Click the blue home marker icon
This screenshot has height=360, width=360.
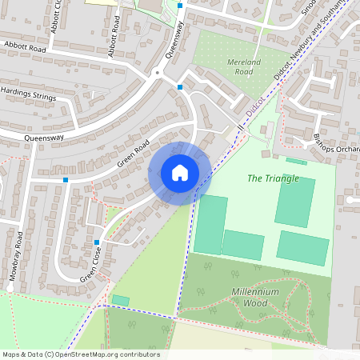point(180,172)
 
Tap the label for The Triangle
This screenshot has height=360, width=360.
point(273,178)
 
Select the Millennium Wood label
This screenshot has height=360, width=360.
point(255,297)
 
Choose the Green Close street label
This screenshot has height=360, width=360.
point(90,264)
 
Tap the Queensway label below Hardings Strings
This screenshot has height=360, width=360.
point(43,137)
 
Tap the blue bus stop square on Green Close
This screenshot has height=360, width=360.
point(97,242)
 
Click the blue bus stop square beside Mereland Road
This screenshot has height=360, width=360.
point(180,86)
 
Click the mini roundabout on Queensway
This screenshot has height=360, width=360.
point(158,74)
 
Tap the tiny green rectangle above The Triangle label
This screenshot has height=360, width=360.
point(296,162)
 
